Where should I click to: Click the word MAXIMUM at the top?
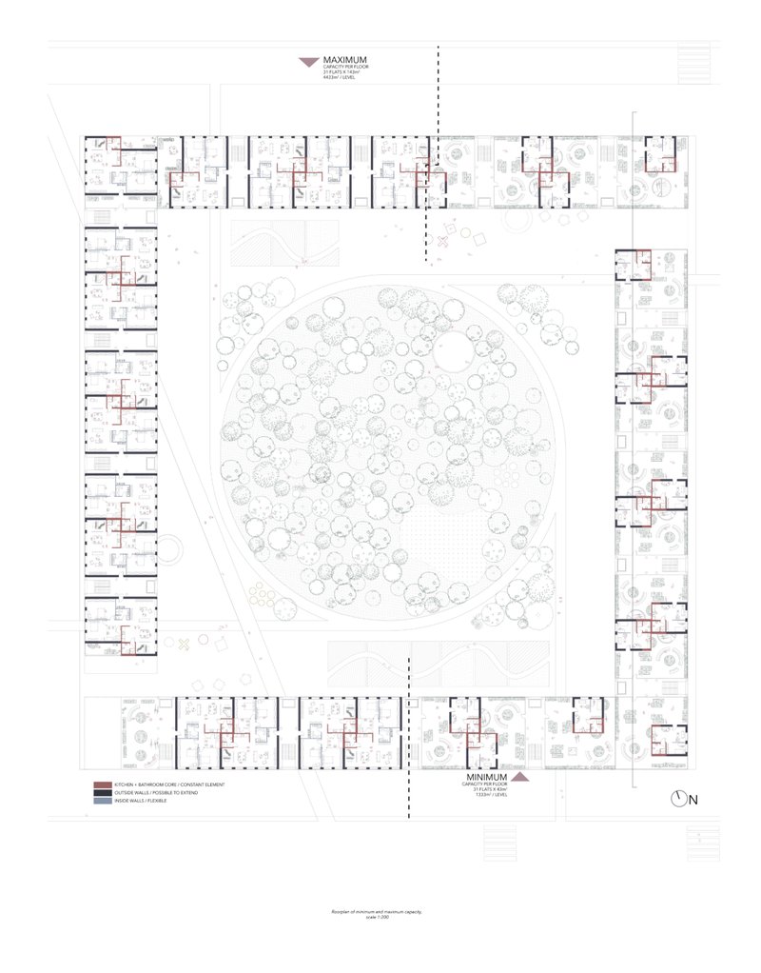pyautogui.click(x=345, y=60)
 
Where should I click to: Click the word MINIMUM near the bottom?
pyautogui.click(x=485, y=777)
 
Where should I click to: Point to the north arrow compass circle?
pyautogui.click(x=678, y=799)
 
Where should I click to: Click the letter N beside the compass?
pyautogui.click(x=694, y=800)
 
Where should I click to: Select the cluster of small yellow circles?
pyautogui.click(x=262, y=595)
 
